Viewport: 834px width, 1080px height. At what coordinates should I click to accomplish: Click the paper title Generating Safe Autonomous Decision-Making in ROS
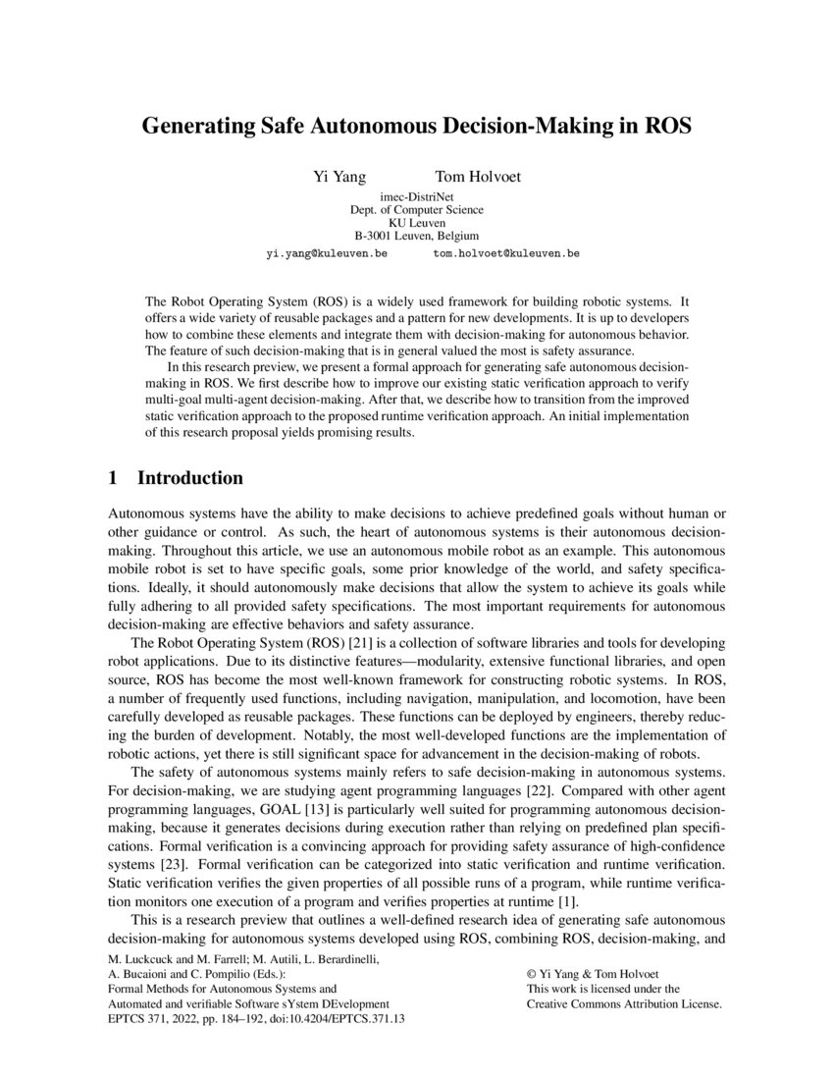(417, 127)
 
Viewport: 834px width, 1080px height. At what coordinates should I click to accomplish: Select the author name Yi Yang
(339, 178)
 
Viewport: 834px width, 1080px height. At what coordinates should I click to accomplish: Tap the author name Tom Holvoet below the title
(478, 178)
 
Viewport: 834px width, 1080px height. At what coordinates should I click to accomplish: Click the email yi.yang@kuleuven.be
(327, 253)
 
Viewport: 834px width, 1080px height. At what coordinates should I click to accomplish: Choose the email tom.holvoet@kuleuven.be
(506, 253)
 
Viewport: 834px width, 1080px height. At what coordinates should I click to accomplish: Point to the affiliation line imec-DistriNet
(416, 197)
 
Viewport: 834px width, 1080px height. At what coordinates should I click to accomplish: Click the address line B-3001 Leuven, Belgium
(416, 236)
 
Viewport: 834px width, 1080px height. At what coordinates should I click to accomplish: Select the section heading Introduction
(189, 479)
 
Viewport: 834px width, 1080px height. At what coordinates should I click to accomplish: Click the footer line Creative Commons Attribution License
(625, 1004)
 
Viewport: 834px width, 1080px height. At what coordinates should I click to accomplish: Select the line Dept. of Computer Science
(416, 210)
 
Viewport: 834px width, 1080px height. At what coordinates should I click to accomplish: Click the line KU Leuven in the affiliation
(416, 223)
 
